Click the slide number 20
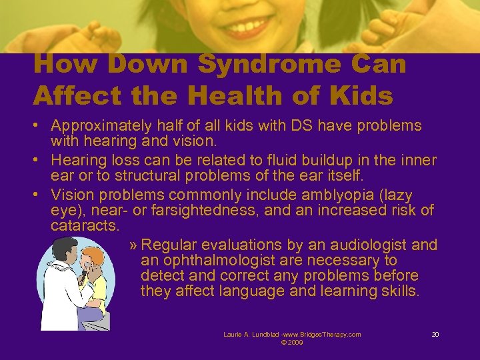click(435, 334)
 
